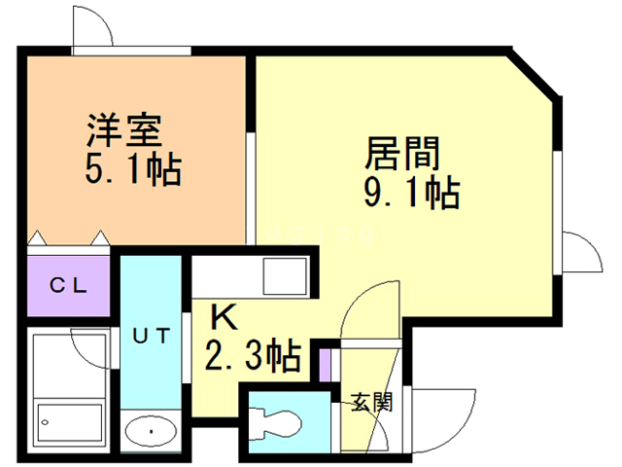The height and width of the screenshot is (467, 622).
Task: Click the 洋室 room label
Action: (122, 130)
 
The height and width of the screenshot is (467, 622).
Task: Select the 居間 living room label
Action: (402, 153)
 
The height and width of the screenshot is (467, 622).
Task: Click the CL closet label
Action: (70, 285)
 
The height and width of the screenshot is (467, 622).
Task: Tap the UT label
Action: (152, 337)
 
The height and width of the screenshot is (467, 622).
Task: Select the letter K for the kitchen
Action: (224, 317)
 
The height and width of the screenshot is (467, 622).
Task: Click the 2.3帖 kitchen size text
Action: (252, 357)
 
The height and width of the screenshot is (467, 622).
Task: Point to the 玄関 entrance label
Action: (371, 401)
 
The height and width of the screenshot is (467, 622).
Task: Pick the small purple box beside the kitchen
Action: (326, 362)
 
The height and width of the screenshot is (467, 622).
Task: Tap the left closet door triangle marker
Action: (38, 237)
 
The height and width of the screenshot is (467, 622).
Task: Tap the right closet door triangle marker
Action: (99, 237)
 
